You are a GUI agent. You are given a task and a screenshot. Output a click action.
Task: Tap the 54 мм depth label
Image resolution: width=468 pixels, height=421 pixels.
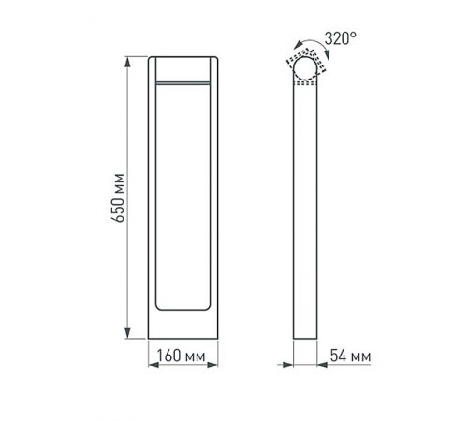tap(347, 356)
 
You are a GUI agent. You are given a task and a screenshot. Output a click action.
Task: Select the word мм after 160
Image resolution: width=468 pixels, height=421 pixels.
tap(195, 356)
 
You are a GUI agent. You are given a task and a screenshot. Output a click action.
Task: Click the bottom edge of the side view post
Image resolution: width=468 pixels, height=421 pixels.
tap(305, 338)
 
